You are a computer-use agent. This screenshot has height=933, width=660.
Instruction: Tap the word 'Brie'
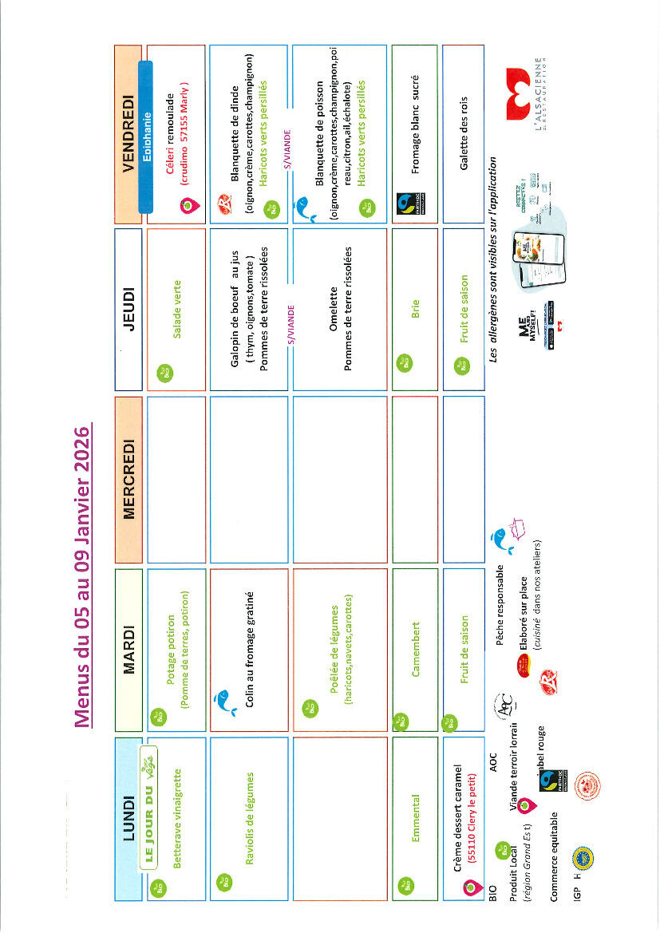414,309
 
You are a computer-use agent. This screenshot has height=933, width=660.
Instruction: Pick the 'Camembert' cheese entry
414,649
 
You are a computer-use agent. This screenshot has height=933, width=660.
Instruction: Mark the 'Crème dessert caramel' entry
458,810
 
